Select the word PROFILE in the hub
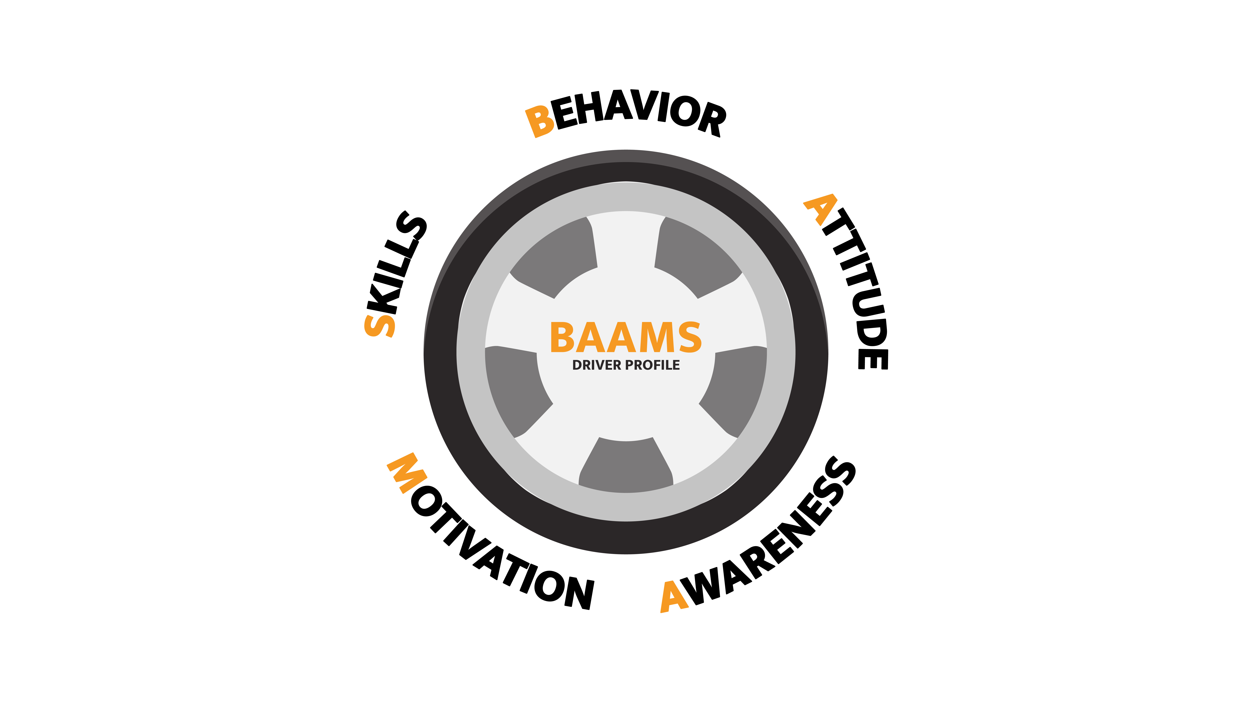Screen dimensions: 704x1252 (652, 365)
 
